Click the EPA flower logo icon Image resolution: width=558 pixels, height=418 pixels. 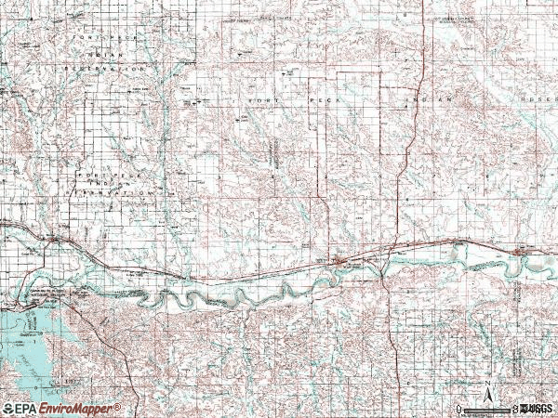click(7, 408)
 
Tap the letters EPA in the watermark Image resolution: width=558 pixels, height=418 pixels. click(26, 408)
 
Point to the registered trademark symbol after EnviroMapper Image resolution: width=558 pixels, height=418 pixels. click(118, 405)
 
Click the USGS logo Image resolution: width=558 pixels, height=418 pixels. click(538, 408)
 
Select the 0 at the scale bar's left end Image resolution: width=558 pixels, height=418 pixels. click(459, 409)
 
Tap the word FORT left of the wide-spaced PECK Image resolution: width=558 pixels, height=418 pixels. click(262, 98)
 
